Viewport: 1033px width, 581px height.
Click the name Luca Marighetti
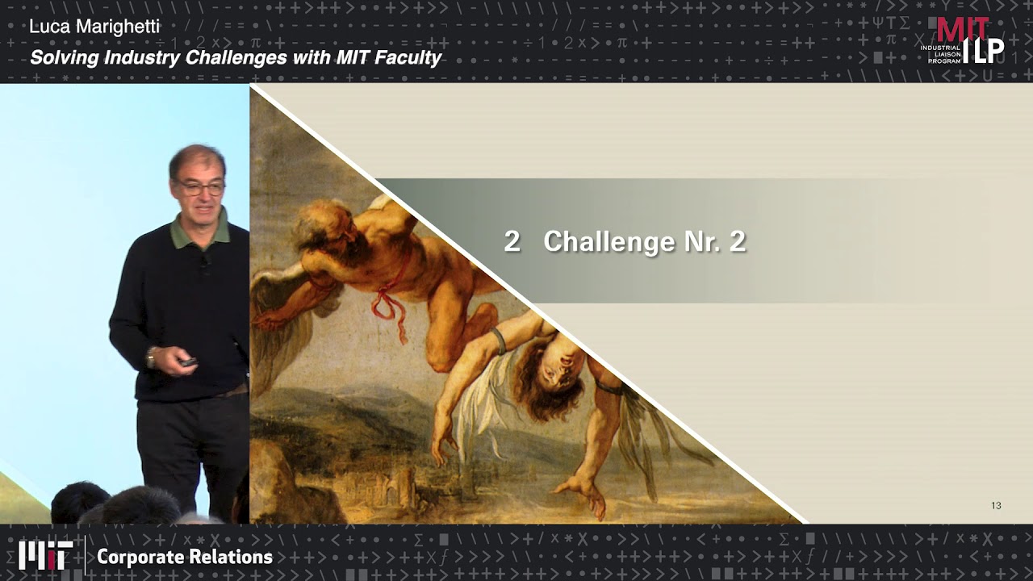[94, 27]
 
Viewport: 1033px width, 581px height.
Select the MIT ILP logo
[964, 40]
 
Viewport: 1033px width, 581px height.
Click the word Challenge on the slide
[609, 241]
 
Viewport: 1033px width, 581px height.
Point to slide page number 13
[996, 506]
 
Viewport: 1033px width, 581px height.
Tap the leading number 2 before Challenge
[512, 241]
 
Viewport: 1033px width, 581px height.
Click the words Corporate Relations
[185, 557]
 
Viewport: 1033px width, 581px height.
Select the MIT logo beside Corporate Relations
[46, 556]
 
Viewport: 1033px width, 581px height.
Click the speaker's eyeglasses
[199, 188]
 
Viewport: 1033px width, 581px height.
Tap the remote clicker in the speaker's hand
[188, 362]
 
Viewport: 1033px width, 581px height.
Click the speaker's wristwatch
[151, 357]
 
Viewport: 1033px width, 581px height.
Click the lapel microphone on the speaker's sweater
[206, 262]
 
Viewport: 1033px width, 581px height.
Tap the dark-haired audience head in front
[81, 503]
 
